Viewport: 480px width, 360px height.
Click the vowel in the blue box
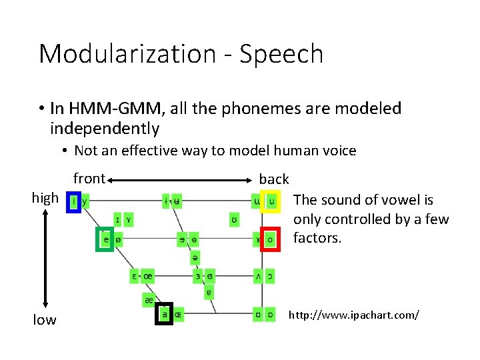click(x=74, y=200)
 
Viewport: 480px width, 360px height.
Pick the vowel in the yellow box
click(x=271, y=200)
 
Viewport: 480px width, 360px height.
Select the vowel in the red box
click(x=270, y=239)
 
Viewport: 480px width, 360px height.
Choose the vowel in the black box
click(x=164, y=314)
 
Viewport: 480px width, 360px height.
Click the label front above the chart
click(x=89, y=178)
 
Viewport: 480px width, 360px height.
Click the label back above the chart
click(x=274, y=179)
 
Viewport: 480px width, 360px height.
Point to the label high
click(x=45, y=198)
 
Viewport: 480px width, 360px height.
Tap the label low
click(x=45, y=320)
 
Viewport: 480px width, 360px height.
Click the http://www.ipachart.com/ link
click(x=353, y=313)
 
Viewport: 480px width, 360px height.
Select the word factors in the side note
click(x=317, y=238)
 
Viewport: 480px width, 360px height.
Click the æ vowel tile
click(x=149, y=300)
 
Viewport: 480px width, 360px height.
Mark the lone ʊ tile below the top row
click(x=233, y=219)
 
